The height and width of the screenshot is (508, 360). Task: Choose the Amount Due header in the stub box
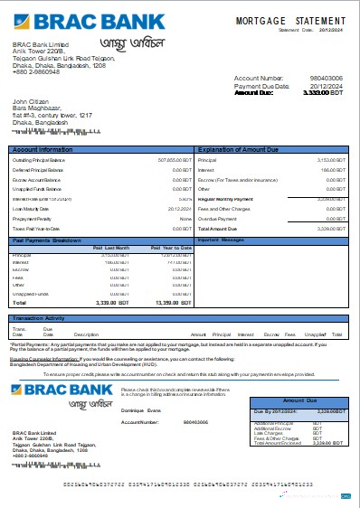point(301,399)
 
